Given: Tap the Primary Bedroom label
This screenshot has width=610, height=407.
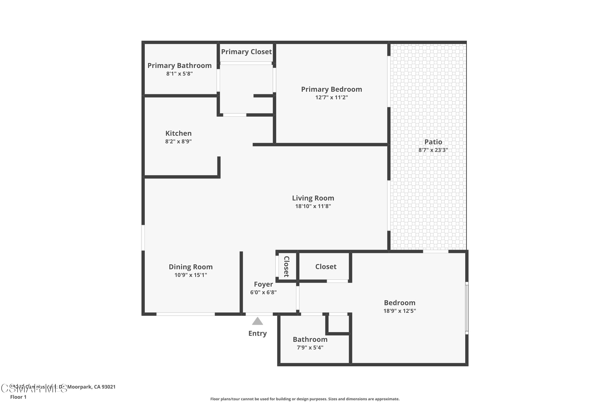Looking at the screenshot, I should pyautogui.click(x=331, y=89).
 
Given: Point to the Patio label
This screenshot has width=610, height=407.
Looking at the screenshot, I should pyautogui.click(x=433, y=142).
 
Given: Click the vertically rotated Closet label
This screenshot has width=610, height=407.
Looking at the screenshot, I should pyautogui.click(x=286, y=267).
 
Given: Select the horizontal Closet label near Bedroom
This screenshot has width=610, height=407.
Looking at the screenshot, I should pyautogui.click(x=326, y=267).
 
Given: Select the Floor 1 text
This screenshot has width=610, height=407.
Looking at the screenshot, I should pyautogui.click(x=18, y=397).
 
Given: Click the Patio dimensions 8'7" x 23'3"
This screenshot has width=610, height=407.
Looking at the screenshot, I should pyautogui.click(x=433, y=150).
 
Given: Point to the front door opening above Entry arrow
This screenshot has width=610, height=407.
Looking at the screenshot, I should pyautogui.click(x=259, y=314).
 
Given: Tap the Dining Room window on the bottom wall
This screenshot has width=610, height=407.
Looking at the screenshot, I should pyautogui.click(x=185, y=314).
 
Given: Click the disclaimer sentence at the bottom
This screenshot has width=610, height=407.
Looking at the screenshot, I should pyautogui.click(x=305, y=399).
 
